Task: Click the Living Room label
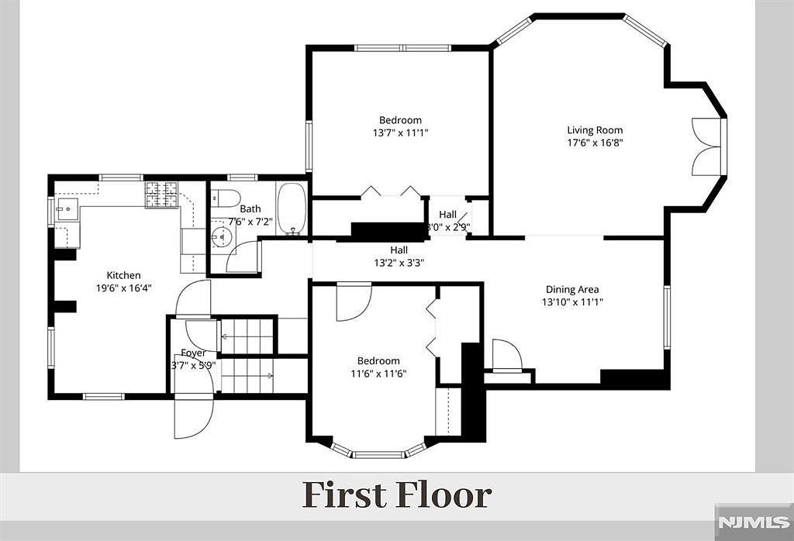coord(595,130)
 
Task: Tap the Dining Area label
coord(571,290)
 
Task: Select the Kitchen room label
coord(124,275)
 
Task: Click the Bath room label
coord(250,209)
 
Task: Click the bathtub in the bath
coord(292,208)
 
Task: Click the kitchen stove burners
coord(161,194)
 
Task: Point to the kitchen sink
coord(67,209)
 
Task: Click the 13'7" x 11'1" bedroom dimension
coord(401,133)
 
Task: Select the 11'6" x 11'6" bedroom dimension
coord(378,373)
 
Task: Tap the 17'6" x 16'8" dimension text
coord(595,143)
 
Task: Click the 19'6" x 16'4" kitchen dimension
coord(124,288)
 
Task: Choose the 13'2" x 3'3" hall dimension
coord(399,262)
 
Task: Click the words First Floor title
coord(396,494)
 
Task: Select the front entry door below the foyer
coord(193,416)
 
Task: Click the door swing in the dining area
coord(507,356)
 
